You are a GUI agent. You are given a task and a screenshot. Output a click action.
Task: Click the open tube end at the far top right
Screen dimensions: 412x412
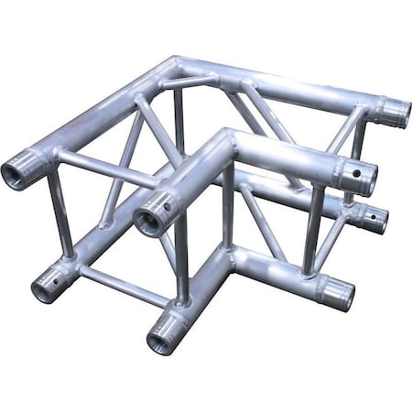(x=395, y=113)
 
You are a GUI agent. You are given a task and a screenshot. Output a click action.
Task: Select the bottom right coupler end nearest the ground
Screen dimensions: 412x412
(x=338, y=293)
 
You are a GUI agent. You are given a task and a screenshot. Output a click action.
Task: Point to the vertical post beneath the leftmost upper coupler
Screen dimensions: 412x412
(x=60, y=220)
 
